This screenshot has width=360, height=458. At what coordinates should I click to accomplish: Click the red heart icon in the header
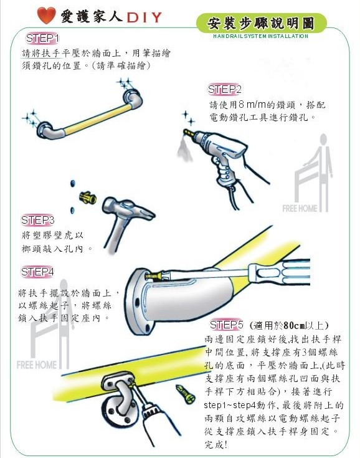[x=47, y=16]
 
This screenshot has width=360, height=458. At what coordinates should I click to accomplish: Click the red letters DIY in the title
[x=144, y=17]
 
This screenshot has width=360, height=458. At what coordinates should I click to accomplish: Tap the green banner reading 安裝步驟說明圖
[x=262, y=23]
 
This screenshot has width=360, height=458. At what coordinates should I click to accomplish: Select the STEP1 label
[x=42, y=38]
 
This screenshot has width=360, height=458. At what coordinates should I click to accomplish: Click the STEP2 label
[x=224, y=89]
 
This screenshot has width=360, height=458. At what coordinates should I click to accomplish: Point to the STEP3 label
[x=37, y=220]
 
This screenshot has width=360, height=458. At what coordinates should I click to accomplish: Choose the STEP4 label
[x=37, y=272]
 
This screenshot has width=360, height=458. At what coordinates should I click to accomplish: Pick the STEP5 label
[x=226, y=325]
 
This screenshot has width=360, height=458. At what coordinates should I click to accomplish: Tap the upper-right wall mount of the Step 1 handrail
[x=132, y=97]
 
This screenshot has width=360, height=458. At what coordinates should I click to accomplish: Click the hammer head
[x=128, y=208]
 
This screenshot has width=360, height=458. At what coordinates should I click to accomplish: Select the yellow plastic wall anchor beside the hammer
[x=88, y=198]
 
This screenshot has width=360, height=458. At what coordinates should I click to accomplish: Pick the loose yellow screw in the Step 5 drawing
[x=185, y=394]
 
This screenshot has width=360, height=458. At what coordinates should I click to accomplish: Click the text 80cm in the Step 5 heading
[x=294, y=325]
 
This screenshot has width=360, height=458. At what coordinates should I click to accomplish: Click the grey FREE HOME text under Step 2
[x=300, y=208]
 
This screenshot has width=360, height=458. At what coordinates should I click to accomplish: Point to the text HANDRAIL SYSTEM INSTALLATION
[x=260, y=36]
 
